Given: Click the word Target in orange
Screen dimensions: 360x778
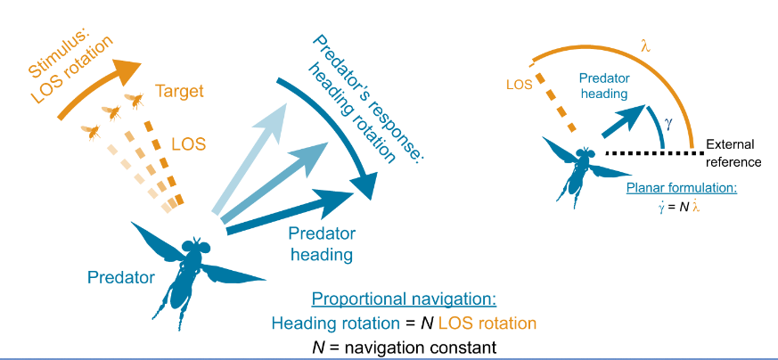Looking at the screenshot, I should [179, 91].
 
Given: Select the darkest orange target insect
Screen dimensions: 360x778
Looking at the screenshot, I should [134, 100].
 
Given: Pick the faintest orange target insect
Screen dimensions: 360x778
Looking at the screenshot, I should [90, 131].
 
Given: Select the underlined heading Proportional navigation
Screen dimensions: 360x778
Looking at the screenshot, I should [407, 299].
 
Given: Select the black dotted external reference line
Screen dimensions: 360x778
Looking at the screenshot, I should [651, 153].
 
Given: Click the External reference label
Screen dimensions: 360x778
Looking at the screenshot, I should [733, 153].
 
